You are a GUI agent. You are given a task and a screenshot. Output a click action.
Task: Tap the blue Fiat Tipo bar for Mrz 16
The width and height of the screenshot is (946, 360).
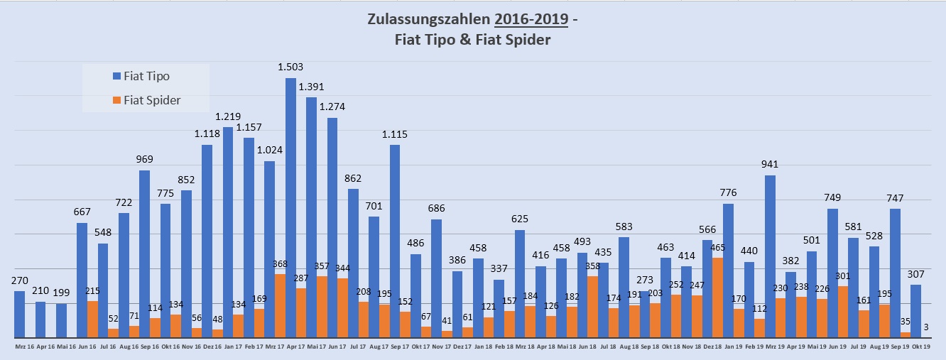[x=19, y=315]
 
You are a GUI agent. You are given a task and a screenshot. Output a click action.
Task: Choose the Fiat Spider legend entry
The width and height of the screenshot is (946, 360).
[x=146, y=100]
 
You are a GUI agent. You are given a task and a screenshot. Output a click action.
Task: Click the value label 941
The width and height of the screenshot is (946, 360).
[x=770, y=164]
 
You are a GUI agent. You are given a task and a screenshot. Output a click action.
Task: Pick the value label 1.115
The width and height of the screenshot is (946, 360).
[x=395, y=134]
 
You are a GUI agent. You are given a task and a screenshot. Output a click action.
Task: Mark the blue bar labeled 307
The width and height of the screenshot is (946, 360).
[x=916, y=311]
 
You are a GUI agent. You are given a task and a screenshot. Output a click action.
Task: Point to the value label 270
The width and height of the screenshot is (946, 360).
[x=19, y=280]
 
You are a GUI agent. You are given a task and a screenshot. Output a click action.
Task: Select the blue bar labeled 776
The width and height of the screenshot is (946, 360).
[x=728, y=271]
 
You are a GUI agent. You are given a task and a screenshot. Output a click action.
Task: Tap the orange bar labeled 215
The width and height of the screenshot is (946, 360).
[x=92, y=320]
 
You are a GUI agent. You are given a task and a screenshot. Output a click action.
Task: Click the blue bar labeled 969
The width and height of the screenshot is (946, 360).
[x=144, y=253]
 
